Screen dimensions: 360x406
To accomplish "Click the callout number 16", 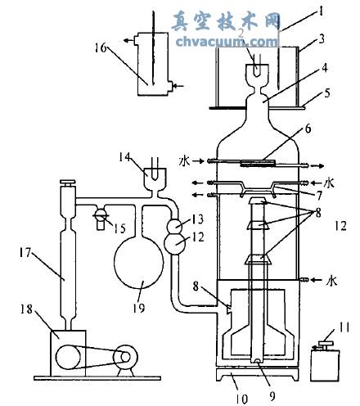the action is click(x=101, y=48).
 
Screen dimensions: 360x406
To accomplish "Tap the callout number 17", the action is click(x=25, y=253).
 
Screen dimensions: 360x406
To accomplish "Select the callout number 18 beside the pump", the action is click(x=26, y=309).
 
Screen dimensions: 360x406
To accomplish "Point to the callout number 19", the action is click(x=139, y=309).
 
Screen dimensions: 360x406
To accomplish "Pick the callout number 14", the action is click(x=125, y=157).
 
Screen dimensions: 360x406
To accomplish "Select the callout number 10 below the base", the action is click(x=241, y=399).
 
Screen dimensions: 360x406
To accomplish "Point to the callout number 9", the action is click(x=272, y=396).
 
